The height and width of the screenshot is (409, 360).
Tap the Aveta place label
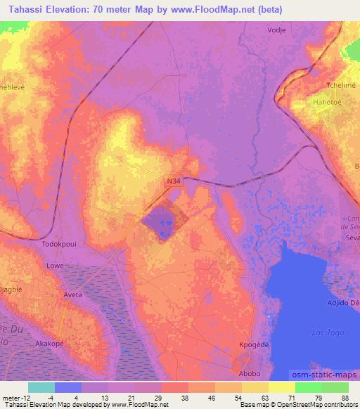click(73, 294)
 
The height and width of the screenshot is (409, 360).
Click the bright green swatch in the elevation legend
click(309, 387)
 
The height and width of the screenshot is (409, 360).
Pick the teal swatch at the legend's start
click(41, 387)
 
